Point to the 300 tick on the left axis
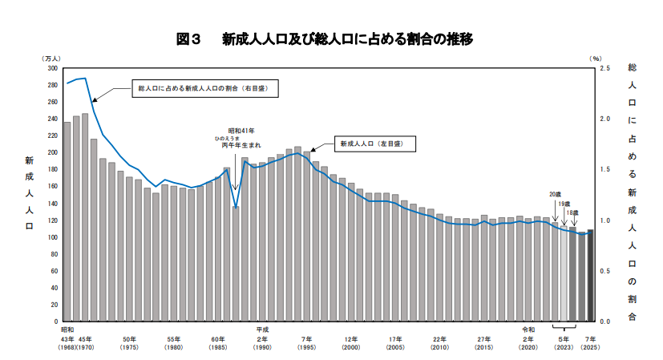(53, 68)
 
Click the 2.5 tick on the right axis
(604, 68)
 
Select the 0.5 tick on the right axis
(604, 271)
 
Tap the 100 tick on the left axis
(53, 237)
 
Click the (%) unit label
(595, 59)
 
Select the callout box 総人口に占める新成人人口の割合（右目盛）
(205, 87)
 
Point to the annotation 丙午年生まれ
(241, 146)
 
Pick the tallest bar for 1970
(85, 216)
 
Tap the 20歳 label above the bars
(555, 195)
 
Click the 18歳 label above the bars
(572, 213)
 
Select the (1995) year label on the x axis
(306, 347)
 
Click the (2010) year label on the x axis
(439, 347)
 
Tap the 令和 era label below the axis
(528, 329)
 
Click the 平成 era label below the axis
(263, 329)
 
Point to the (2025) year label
(590, 347)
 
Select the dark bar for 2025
(590, 276)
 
